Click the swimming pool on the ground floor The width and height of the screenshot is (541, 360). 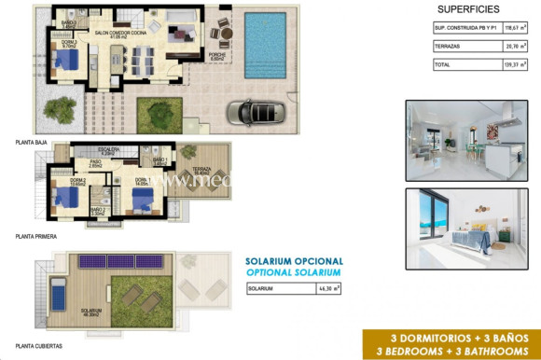[x=266, y=45]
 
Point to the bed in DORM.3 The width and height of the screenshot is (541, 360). [x=65, y=60]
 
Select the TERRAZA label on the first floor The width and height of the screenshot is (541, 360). [x=201, y=169]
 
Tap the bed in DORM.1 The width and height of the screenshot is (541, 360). [x=141, y=198]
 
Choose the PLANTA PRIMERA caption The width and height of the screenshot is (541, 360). [x=36, y=237]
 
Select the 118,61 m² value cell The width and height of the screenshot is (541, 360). [x=509, y=30]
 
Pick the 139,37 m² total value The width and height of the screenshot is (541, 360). [x=509, y=64]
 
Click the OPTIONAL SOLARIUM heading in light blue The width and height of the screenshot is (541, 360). [x=294, y=272]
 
